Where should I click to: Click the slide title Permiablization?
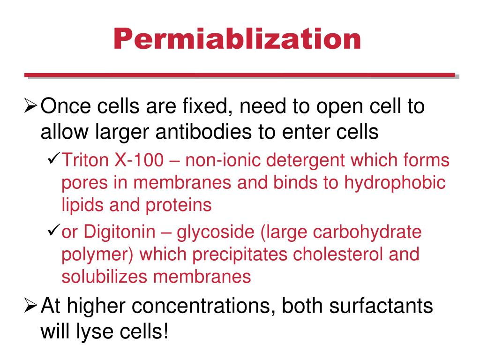pos(237,39)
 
